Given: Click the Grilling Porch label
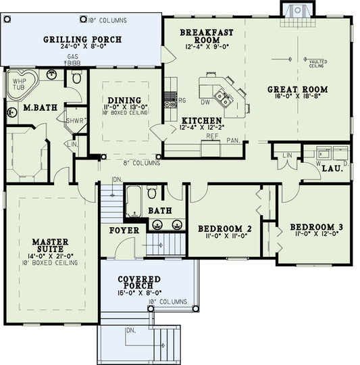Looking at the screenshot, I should coord(82,40).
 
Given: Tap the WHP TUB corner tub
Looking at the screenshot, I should coord(18,83).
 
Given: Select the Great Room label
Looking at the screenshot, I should coord(297,89).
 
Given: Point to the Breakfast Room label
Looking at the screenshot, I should coord(206,36).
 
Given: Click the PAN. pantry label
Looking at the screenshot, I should coord(234,141).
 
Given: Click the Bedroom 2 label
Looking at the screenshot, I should coord(224,230).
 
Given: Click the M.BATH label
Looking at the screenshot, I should coord(38,107).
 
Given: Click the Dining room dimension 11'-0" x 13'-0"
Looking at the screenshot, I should coord(125,107).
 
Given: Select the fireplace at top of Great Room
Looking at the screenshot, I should coord(295,9).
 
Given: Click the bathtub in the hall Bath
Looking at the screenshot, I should coord(133,201).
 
